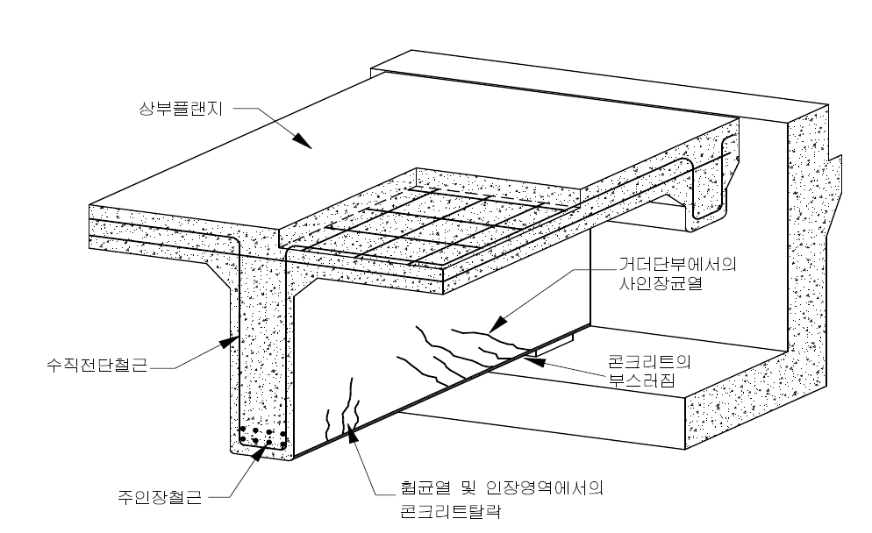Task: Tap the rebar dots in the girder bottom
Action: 263,435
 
